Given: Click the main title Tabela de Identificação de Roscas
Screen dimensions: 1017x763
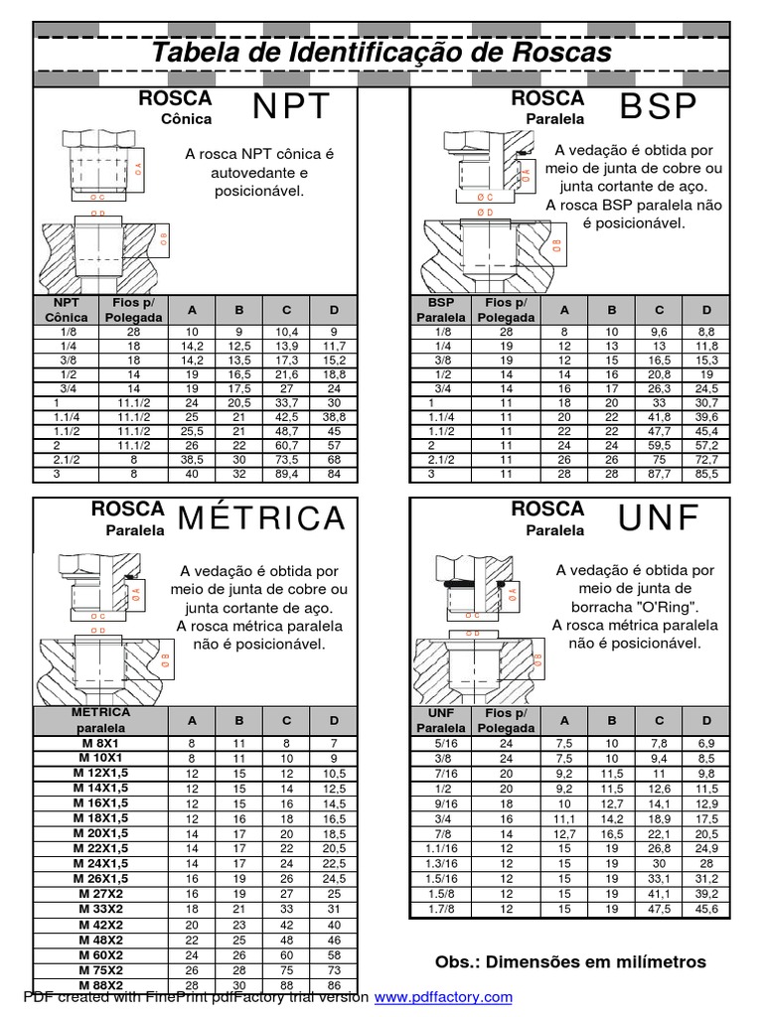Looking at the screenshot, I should [x=382, y=52].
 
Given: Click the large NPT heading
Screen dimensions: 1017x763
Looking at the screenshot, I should [x=290, y=107].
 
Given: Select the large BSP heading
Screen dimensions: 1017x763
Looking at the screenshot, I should [x=659, y=107].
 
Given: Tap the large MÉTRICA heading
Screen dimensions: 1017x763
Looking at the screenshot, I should [x=262, y=517].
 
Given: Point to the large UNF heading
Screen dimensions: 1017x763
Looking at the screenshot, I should [x=659, y=517].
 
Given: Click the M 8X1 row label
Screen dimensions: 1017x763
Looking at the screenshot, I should [x=99, y=742].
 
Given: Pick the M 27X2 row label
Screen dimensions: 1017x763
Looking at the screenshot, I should [x=99, y=894].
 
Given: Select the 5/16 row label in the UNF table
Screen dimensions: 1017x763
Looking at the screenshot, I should [x=440, y=742].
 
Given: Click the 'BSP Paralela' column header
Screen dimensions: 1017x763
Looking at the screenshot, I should [x=440, y=310].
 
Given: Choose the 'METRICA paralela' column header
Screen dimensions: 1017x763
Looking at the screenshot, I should [x=99, y=719].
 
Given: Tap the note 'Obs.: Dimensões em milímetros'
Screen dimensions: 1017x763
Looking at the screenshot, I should [x=570, y=961].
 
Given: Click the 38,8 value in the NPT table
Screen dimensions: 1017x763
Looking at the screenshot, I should [x=334, y=419].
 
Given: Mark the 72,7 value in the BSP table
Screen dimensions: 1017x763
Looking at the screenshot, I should [x=706, y=460].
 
